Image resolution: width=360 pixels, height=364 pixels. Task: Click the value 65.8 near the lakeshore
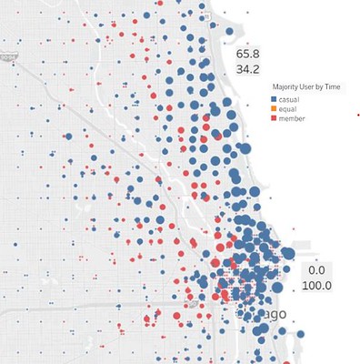tap(248, 53)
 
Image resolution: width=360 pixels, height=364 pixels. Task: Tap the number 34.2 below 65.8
tap(248, 67)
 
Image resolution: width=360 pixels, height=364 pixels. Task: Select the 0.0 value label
tap(316, 271)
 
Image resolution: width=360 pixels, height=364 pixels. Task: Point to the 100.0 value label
tap(316, 286)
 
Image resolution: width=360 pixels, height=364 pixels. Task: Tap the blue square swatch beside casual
tap(275, 97)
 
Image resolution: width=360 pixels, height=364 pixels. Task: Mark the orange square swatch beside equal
tap(275, 108)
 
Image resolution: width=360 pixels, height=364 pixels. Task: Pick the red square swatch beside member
tap(275, 118)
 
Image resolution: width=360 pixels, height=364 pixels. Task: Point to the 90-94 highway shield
tap(9, 56)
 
